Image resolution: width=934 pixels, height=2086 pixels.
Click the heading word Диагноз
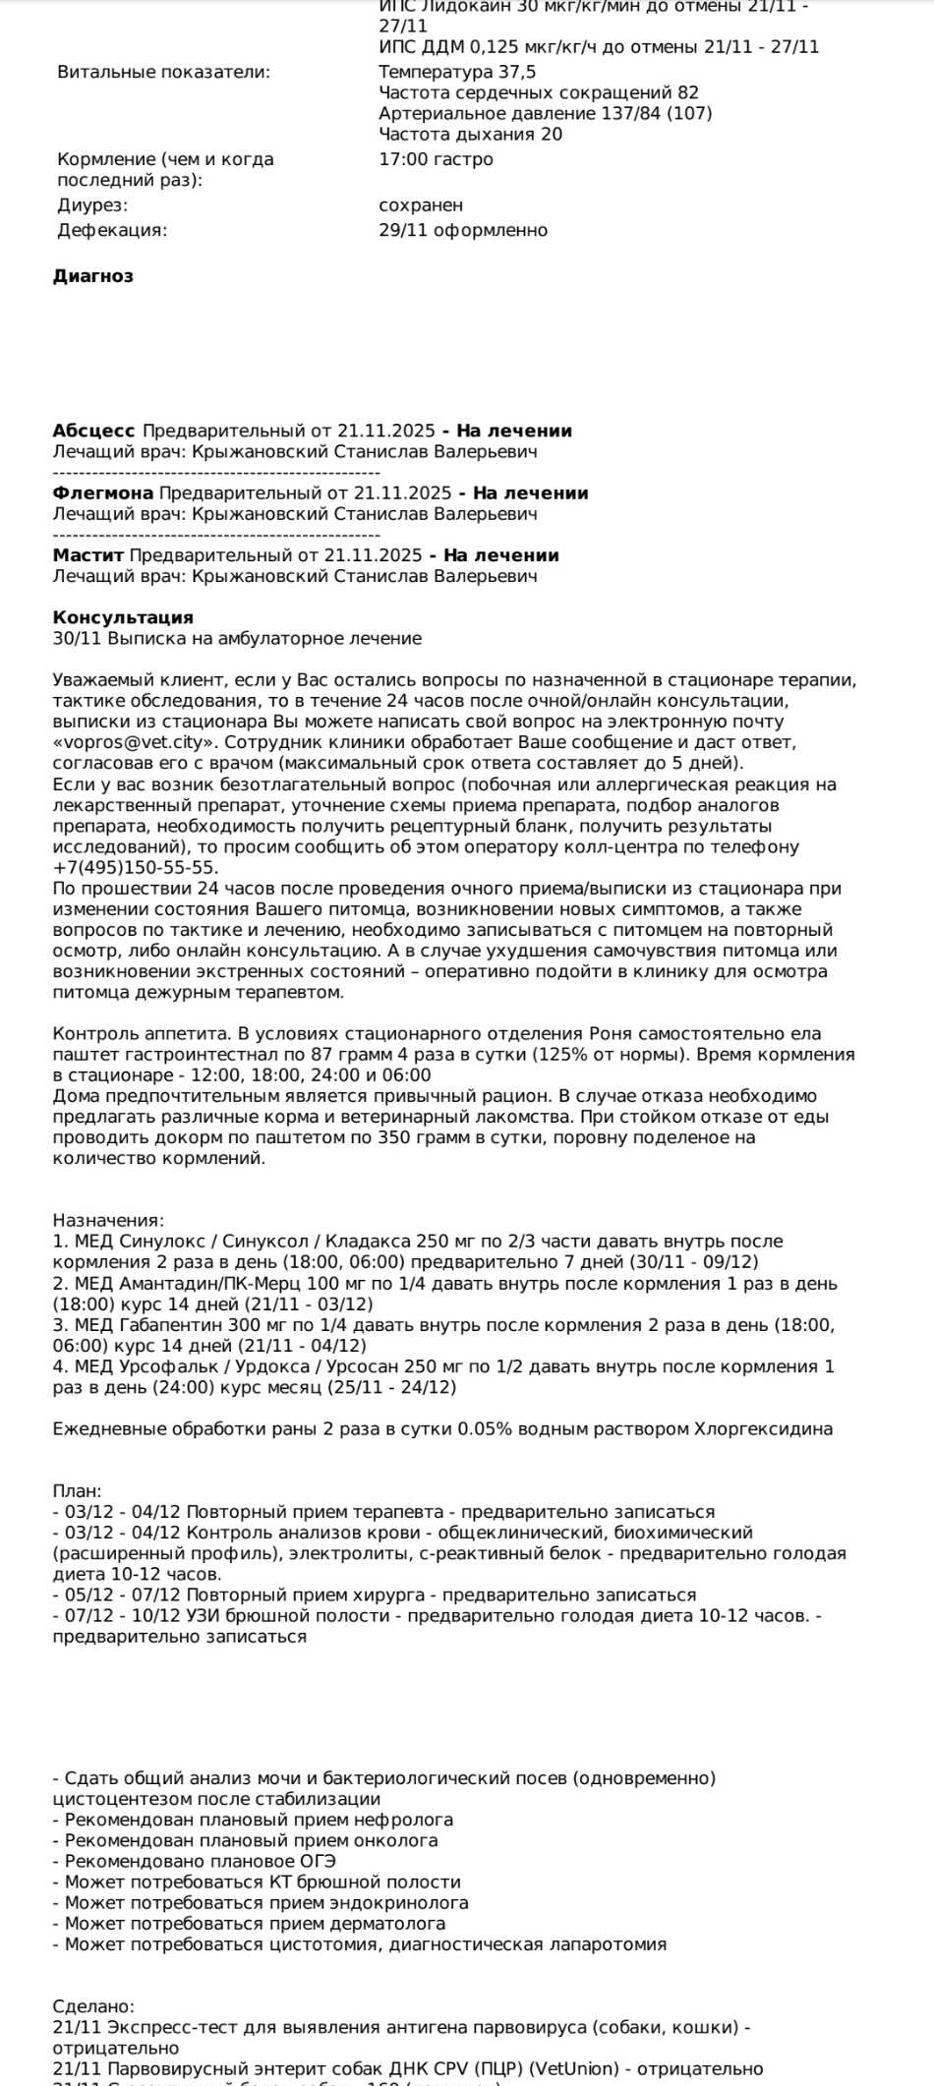(x=92, y=276)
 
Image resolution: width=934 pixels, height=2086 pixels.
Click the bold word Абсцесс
(x=93, y=431)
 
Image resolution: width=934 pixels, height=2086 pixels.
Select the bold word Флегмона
(x=102, y=493)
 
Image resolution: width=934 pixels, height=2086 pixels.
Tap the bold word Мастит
(x=88, y=554)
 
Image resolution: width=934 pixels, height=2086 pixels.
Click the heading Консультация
(x=123, y=617)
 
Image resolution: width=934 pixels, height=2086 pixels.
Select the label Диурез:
(x=92, y=205)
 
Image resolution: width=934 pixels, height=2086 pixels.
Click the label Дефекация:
(x=112, y=230)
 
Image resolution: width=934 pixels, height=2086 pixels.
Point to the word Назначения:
(x=108, y=1220)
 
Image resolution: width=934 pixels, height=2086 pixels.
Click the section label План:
(x=77, y=1490)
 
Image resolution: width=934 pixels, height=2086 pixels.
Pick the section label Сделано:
(x=93, y=2005)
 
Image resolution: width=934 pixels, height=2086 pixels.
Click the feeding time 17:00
(x=401, y=159)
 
